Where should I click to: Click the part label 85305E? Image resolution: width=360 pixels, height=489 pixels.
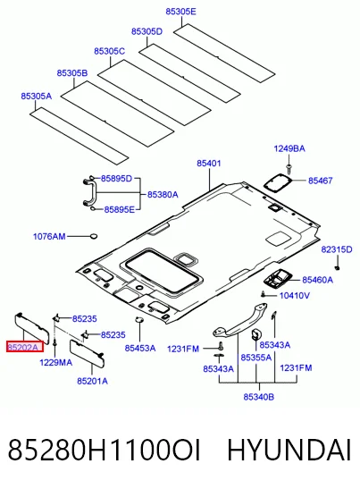point(180,12)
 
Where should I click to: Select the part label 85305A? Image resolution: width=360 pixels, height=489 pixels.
point(36,96)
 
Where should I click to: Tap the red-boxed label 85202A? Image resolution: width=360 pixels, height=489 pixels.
point(25,347)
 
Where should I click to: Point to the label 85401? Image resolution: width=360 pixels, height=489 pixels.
point(208,163)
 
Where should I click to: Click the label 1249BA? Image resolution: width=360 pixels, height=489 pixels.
point(289,148)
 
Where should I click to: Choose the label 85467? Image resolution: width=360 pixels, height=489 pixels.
point(321,181)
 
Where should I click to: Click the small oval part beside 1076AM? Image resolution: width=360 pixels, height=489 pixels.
point(93,236)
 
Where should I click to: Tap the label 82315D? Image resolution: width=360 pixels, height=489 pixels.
point(337,249)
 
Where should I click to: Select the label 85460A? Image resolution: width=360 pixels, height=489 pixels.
point(318,280)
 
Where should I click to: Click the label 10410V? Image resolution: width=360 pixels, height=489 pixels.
point(295,295)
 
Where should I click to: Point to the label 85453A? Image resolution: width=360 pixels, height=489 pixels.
point(140,348)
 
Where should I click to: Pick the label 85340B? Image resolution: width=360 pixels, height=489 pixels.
point(259,397)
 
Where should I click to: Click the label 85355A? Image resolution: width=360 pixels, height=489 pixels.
point(255,358)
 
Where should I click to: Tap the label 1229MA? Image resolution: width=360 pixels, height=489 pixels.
point(55,362)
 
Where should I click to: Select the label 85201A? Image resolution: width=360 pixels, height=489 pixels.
point(92,381)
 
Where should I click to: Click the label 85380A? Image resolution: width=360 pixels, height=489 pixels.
point(163,195)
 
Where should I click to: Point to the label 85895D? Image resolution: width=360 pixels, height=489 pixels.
point(116,179)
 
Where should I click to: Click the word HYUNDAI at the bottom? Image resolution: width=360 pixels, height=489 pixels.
point(289,450)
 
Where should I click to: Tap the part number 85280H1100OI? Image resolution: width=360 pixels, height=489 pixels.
point(105,450)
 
